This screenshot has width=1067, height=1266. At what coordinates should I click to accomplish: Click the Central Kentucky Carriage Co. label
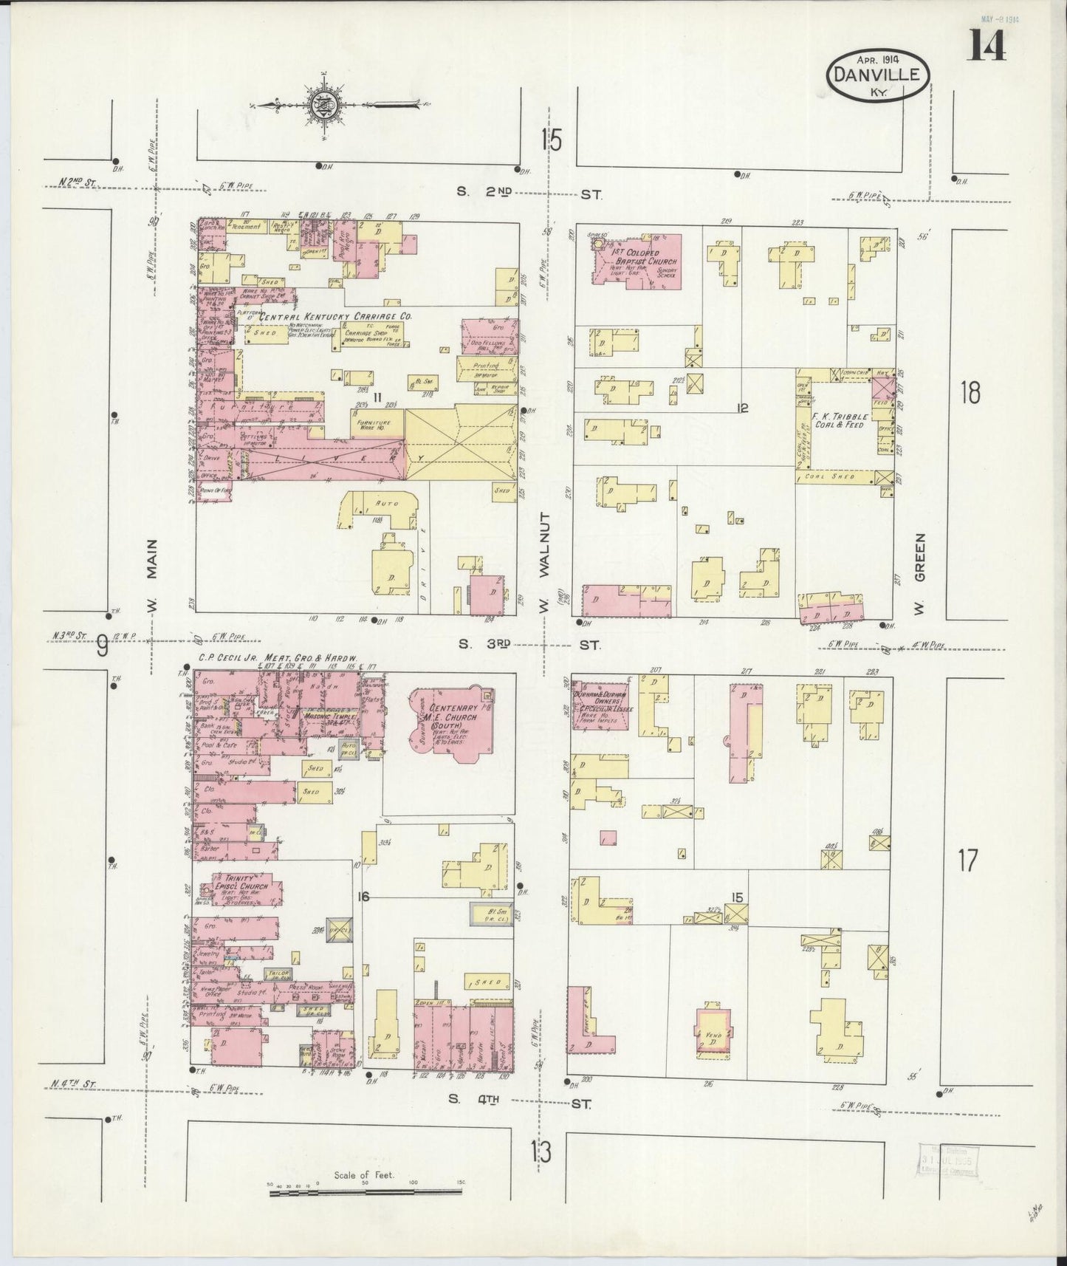tap(324, 315)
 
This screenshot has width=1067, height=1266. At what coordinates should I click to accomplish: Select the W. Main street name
tap(153, 577)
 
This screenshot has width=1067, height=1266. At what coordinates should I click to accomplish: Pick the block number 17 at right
tap(967, 860)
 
